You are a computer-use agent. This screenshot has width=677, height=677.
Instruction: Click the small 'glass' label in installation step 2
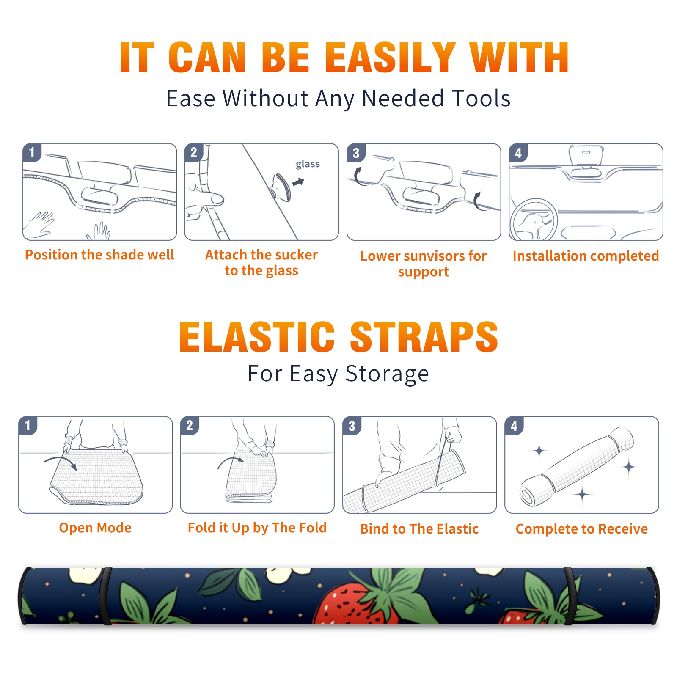point(308,164)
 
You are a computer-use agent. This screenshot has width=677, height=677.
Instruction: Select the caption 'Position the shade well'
point(99,255)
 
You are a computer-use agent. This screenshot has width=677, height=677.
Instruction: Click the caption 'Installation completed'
point(586,256)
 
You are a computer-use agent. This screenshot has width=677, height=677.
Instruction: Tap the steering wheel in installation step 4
point(534,220)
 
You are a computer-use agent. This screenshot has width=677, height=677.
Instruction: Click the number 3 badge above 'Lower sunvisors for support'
point(356,153)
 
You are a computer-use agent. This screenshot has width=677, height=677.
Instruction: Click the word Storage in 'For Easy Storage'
point(387,374)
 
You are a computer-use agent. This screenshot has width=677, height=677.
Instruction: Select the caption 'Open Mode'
point(95,528)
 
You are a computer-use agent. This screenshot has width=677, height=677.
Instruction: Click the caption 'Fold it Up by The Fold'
point(257,528)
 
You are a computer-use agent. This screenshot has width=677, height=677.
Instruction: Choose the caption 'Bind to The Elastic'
point(419,529)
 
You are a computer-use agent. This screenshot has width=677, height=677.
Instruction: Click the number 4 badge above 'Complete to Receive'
point(514,426)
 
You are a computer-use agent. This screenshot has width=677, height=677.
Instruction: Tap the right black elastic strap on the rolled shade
point(569,596)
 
